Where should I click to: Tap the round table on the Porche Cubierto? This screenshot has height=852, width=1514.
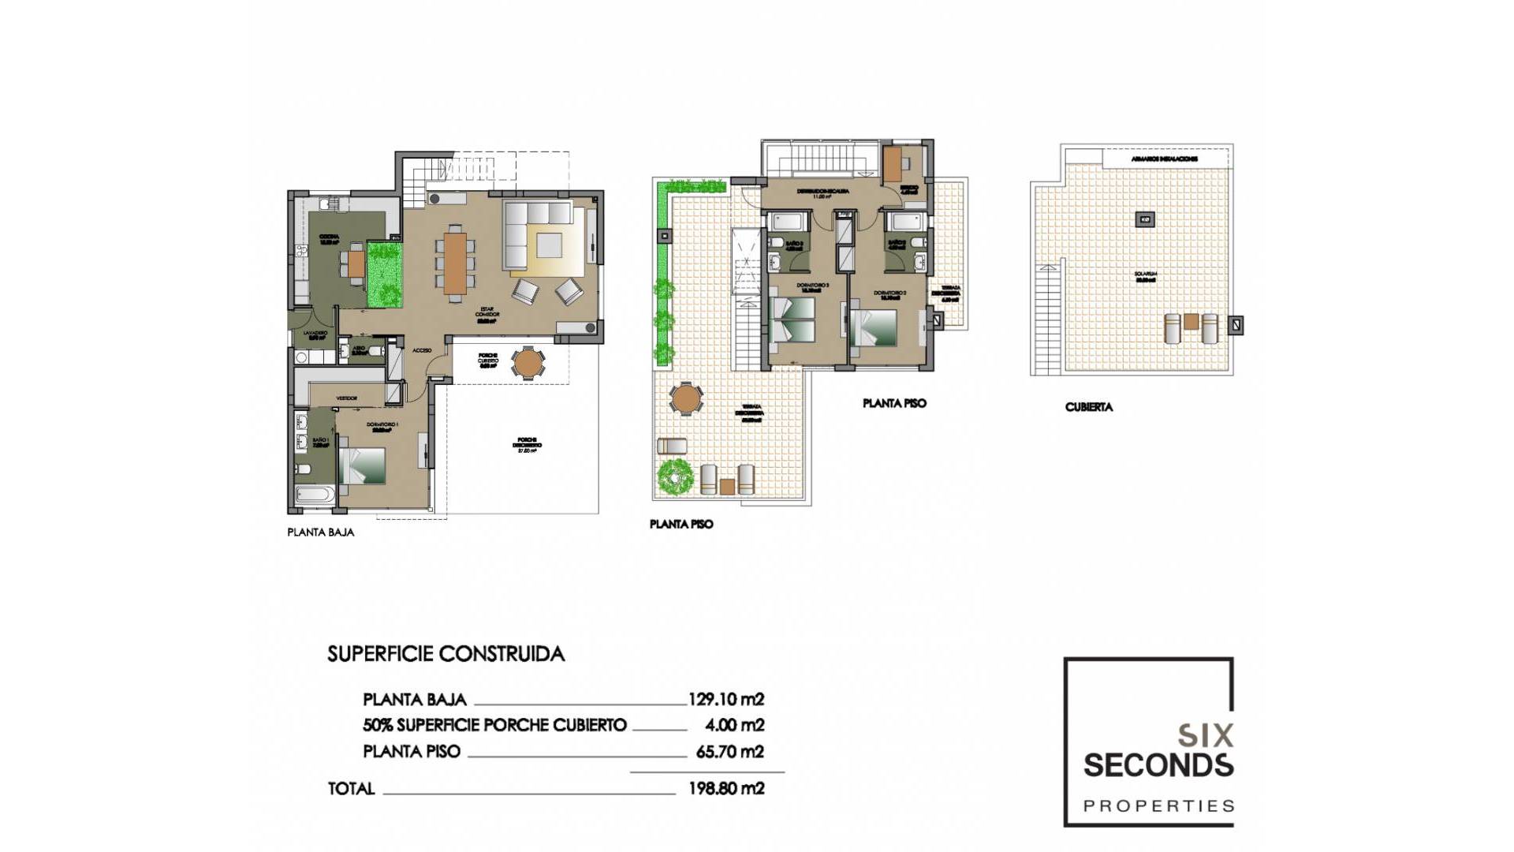(528, 364)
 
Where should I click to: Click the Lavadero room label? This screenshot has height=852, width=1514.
(315, 334)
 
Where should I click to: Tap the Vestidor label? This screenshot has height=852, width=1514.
(347, 398)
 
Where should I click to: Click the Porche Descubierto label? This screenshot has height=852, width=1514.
(528, 444)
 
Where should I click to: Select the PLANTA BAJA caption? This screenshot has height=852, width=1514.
(321, 532)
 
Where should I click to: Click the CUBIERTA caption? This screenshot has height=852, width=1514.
(1089, 407)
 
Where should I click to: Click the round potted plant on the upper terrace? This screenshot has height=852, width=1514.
(675, 476)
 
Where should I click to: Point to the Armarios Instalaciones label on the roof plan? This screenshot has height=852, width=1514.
(1165, 159)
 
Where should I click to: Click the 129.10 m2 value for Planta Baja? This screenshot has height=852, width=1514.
(725, 699)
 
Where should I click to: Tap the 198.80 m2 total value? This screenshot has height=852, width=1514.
(725, 788)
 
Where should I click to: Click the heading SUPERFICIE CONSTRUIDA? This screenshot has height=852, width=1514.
(446, 654)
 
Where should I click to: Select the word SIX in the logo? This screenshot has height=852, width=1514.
(1206, 736)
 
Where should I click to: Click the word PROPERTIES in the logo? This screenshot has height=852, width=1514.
(1158, 806)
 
